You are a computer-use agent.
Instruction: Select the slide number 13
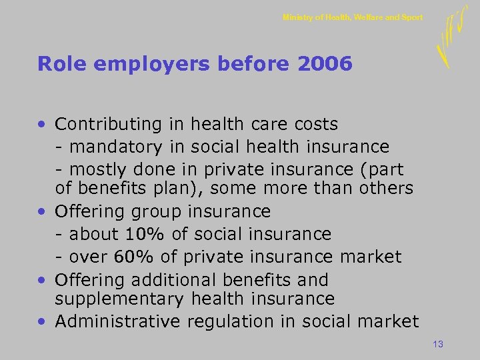coord(438,344)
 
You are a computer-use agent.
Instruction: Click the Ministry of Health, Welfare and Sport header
coord(352,17)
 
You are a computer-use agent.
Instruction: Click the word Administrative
coord(118,321)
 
